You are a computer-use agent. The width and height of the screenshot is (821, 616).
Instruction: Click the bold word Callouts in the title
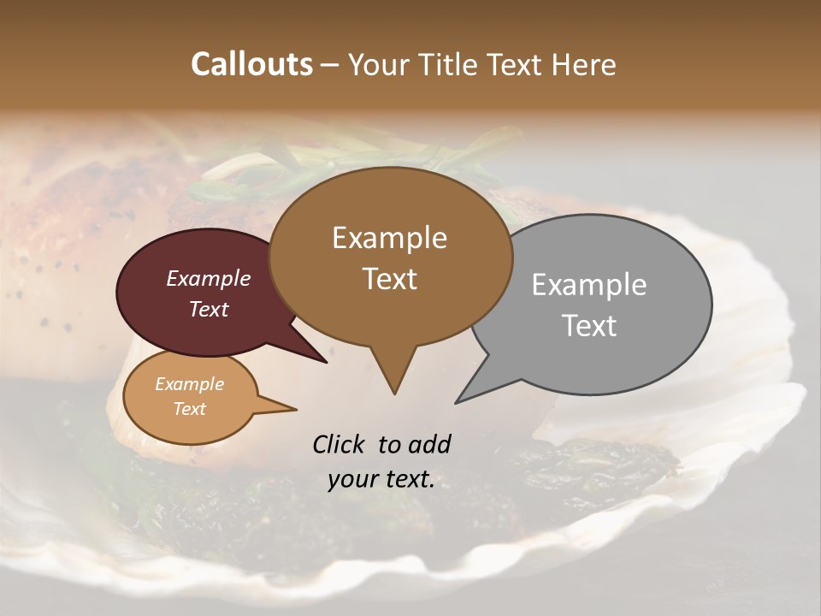[x=251, y=64]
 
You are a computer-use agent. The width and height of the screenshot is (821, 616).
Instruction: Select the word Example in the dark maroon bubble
[x=208, y=278]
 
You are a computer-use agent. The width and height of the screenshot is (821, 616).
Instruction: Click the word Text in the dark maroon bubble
[x=208, y=309]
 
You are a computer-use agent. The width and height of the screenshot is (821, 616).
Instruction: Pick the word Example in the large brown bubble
[x=389, y=238]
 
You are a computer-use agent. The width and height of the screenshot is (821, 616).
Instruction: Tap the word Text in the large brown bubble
[x=390, y=279]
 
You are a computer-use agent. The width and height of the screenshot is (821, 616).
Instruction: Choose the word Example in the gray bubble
[x=589, y=285]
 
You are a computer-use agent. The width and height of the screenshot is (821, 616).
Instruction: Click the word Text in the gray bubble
[x=589, y=326]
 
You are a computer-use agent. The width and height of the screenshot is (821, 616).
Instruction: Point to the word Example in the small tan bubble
[x=189, y=384]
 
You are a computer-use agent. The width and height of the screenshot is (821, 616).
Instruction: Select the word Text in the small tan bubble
[x=189, y=409]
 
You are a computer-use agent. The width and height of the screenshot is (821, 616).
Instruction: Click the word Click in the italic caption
[x=340, y=444]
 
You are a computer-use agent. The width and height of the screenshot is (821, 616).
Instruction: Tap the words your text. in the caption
[x=381, y=480]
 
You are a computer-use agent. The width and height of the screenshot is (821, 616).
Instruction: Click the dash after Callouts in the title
[x=331, y=65]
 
